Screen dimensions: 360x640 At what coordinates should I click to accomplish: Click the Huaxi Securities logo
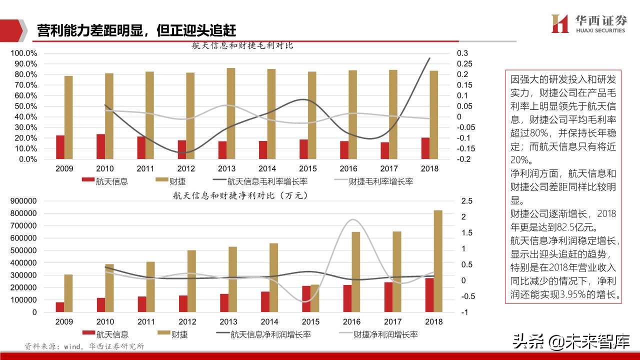click(x=588, y=23)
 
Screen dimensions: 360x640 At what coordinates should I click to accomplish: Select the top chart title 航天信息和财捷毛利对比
click(x=242, y=45)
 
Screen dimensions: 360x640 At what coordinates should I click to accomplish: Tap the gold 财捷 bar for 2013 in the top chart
click(x=230, y=113)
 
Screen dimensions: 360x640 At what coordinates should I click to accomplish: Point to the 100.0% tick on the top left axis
click(x=23, y=53)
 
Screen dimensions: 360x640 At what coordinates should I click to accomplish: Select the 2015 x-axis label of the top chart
click(x=307, y=169)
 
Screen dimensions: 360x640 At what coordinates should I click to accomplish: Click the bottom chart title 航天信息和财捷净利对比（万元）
click(x=240, y=195)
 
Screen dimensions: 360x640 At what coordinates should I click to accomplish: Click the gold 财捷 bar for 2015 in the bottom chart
click(x=314, y=298)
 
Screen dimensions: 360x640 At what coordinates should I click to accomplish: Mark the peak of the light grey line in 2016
click(x=352, y=219)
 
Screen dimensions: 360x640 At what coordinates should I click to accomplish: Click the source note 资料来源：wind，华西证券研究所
click(x=84, y=346)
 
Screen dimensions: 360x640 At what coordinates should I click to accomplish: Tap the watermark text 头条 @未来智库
click(x=569, y=342)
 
